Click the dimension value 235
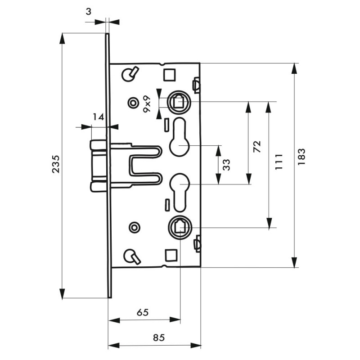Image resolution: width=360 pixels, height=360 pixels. coord(56,164)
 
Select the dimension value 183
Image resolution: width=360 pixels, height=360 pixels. coord(301,157)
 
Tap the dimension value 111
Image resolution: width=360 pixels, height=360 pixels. coord(279,162)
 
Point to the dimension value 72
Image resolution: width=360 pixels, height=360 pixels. coord(257,147)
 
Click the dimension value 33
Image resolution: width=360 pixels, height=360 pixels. coord(226,165)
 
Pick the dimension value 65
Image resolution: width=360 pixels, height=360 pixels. coord(143,312)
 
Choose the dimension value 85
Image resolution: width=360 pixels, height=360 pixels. coord(159,337)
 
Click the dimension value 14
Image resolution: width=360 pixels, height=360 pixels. coord(98,117)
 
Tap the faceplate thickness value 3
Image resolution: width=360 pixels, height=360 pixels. coord(88,12)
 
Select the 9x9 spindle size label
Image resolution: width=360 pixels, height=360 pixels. coord(147,104)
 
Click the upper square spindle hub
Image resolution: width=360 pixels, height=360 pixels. coord(179,102)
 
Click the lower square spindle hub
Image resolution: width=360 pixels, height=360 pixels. coord(180,228)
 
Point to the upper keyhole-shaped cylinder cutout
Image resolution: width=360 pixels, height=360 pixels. coord(180,137)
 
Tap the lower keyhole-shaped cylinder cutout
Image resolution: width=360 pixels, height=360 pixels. coord(180,193)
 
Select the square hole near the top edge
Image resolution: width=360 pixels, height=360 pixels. coord(170,75)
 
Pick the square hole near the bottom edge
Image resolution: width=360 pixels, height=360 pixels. coord(171,255)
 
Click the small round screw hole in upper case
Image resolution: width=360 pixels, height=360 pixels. coord(133,103)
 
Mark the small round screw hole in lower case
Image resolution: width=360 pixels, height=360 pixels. coord(135,228)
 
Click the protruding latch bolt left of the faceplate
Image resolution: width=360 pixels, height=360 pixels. coord(99,166)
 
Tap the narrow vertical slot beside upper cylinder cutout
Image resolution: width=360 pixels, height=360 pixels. coord(166,125)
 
